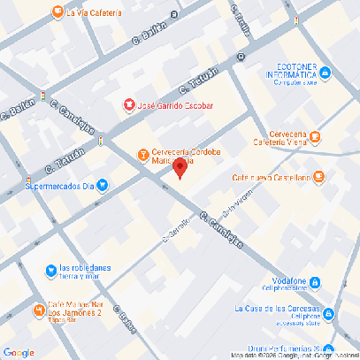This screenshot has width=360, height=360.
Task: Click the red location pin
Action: (x=180, y=168)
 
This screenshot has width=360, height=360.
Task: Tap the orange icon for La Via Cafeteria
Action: (x=57, y=12)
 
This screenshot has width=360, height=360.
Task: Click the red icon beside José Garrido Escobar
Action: (x=128, y=105)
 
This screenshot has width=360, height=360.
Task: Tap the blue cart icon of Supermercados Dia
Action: (x=103, y=186)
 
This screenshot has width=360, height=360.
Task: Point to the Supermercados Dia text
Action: (x=59, y=186)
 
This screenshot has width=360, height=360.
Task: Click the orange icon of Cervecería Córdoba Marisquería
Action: (x=143, y=155)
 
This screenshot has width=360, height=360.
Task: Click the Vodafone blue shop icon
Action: (x=314, y=282)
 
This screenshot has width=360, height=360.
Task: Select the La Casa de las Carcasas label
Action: (x=277, y=310)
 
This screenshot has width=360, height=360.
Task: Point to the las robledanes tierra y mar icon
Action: (x=51, y=270)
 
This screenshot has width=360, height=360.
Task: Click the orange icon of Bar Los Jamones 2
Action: (x=39, y=310)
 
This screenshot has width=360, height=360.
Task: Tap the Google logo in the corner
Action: (x=19, y=352)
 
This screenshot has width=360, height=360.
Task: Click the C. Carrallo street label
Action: (x=176, y=229)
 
